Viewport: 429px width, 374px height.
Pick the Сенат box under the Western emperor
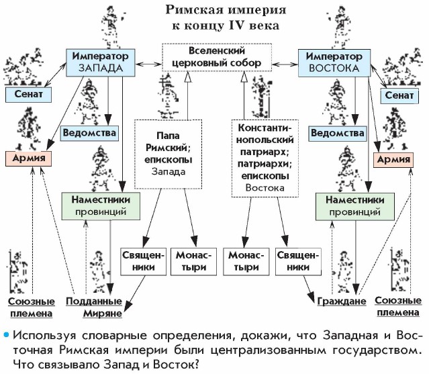click(x=28, y=94)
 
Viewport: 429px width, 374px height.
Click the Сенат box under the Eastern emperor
click(x=400, y=96)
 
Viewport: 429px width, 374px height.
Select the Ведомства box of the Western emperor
click(x=89, y=132)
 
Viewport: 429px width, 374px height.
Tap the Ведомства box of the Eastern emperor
click(x=338, y=133)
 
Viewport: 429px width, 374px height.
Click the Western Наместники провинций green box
click(x=105, y=205)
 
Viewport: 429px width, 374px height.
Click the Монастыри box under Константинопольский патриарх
click(x=244, y=261)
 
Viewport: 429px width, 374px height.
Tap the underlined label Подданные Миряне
click(x=93, y=307)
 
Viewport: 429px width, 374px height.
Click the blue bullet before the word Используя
click(x=6, y=334)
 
